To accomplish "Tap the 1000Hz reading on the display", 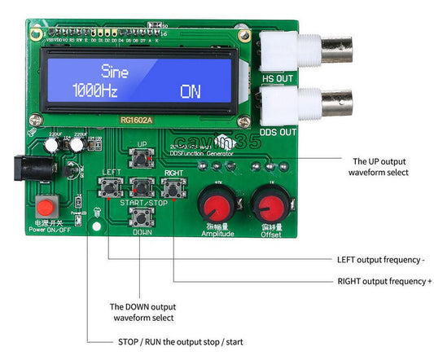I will click(96, 90).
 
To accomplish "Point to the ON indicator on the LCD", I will click(190, 91).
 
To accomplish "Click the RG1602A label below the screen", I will click(138, 121).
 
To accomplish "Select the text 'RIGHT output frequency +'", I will click(384, 281).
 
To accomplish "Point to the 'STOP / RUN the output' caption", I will click(175, 341).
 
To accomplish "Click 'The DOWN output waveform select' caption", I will click(142, 311).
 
